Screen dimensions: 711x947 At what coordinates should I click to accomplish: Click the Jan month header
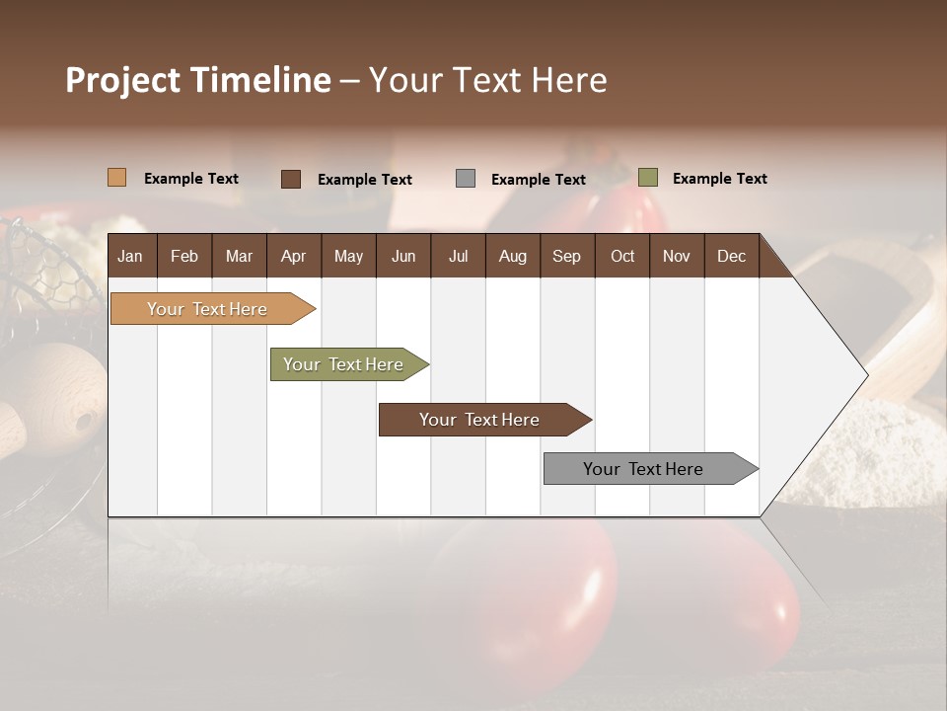tap(130, 256)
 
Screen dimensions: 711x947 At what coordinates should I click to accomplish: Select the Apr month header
tap(293, 256)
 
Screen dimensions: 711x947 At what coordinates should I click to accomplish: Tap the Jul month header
tap(458, 256)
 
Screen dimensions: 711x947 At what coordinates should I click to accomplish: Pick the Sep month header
tap(566, 256)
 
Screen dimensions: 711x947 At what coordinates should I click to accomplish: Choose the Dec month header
tap(731, 256)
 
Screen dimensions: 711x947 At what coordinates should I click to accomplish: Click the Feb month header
tap(184, 256)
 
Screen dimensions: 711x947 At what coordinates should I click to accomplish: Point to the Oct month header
tap(622, 256)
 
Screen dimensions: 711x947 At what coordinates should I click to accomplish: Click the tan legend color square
tap(116, 178)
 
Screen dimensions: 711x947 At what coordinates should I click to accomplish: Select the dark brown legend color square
tap(291, 179)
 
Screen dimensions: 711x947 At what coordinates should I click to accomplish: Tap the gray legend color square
tap(466, 179)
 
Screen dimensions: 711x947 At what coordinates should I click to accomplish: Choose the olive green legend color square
tap(648, 178)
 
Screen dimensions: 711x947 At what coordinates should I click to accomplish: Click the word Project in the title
tap(123, 80)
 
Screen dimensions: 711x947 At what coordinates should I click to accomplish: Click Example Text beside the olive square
tap(719, 179)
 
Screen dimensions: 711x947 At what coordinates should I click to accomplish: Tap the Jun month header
tap(403, 256)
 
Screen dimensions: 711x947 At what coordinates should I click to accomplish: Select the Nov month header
tap(677, 256)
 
